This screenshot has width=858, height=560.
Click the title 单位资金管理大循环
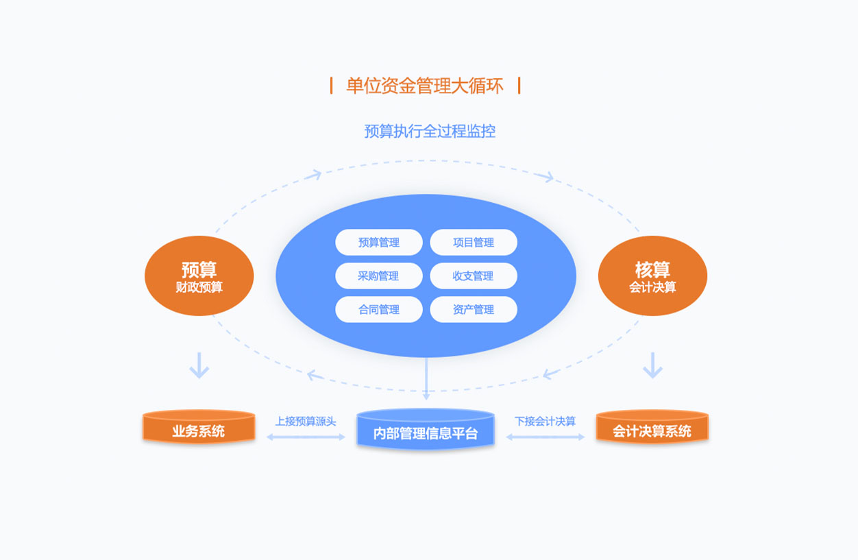(425, 86)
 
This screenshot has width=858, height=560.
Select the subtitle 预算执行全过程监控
(430, 131)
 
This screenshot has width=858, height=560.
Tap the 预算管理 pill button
(378, 243)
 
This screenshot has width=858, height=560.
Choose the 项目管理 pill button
(473, 243)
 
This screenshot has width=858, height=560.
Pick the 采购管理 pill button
(378, 276)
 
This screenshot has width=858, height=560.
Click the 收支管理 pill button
(473, 276)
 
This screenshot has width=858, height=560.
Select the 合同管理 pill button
(378, 310)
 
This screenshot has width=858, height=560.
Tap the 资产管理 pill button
(473, 310)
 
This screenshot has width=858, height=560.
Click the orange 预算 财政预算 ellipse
(199, 276)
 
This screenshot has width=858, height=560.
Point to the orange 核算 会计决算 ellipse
(652, 276)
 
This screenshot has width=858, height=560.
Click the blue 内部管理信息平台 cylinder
(426, 431)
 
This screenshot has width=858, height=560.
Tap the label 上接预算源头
(306, 421)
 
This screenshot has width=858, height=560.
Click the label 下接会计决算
(546, 421)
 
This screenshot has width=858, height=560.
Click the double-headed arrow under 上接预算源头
(306, 437)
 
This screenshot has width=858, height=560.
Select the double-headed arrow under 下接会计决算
(546, 437)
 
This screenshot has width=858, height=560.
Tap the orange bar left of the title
(332, 86)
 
